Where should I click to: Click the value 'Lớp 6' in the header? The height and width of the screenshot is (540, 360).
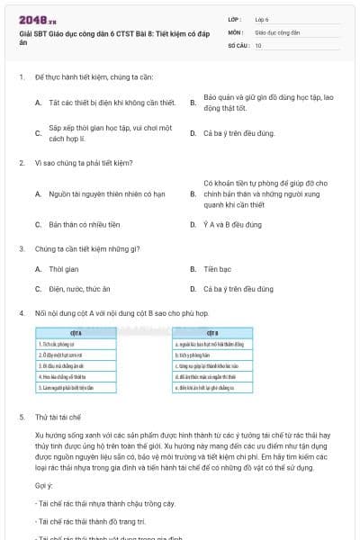tap(262, 18)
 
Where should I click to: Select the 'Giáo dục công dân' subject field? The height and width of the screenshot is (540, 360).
tap(275, 31)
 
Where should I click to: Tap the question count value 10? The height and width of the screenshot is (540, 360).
tap(258, 44)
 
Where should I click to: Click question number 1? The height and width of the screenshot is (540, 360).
tap(21, 78)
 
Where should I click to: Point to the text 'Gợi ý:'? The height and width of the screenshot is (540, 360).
tap(44, 485)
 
